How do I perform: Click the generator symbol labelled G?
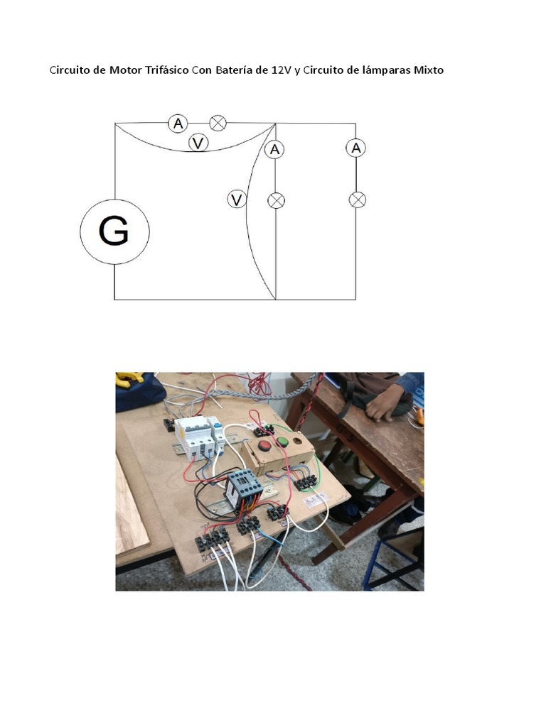click(114, 231)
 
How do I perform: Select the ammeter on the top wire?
click(178, 124)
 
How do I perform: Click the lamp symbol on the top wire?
click(218, 124)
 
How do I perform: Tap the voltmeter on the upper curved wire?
click(198, 143)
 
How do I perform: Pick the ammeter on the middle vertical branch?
click(275, 149)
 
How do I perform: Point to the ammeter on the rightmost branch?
click(356, 148)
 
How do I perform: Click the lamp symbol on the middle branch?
click(276, 200)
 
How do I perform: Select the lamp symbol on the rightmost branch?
click(357, 200)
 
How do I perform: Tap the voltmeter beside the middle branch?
click(237, 199)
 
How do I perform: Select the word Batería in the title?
click(237, 70)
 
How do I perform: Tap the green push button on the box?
click(282, 443)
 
